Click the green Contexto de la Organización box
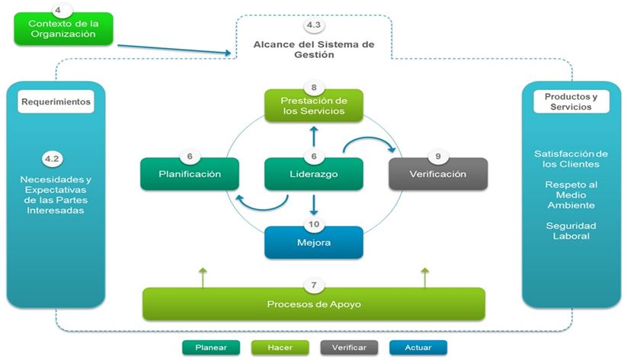point(64,30)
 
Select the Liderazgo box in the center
point(312,174)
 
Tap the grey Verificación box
point(437,174)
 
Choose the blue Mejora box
point(313,242)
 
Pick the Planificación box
point(190,174)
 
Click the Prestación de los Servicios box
point(313,106)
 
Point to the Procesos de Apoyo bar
point(313,304)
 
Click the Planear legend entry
point(210,347)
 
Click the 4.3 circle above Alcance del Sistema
point(313,26)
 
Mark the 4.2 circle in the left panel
point(52,159)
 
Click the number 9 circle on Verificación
point(437,156)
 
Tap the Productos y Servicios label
point(570,101)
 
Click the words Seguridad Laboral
point(570,231)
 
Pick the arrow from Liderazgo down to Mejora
point(313,204)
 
